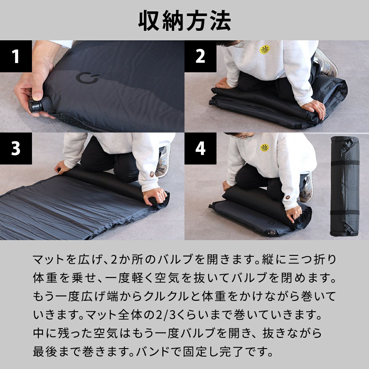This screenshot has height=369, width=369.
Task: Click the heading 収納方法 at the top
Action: [184, 21]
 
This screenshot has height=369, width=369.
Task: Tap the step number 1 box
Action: [16, 56]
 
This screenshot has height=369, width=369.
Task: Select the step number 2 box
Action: [200, 56]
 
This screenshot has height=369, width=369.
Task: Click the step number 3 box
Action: [16, 148]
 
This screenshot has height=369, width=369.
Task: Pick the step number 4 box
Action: [200, 148]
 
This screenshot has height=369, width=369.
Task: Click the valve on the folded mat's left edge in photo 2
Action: [212, 101]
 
